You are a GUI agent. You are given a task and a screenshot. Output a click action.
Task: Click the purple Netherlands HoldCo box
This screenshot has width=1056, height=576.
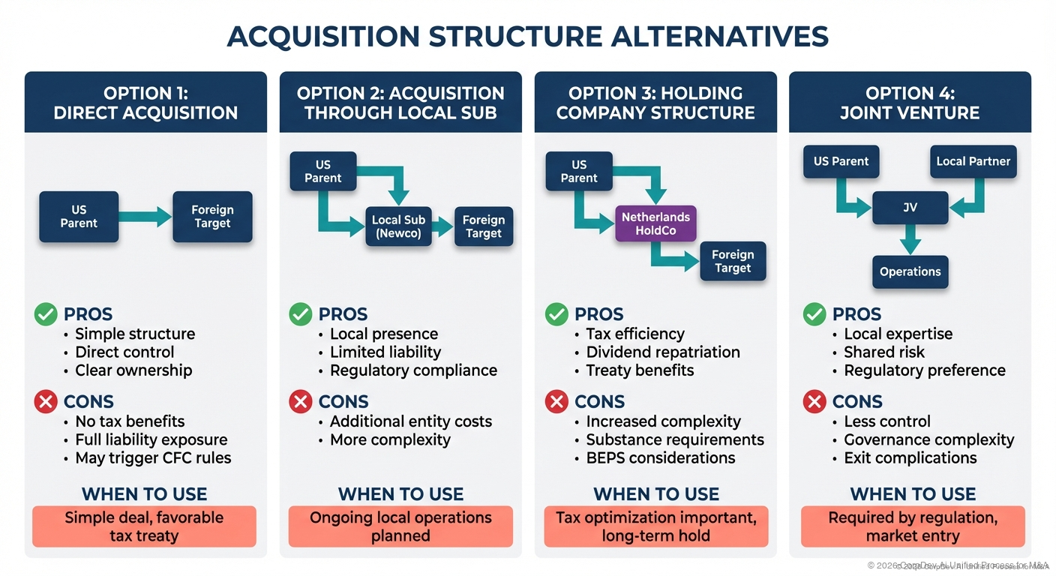pos(655,223)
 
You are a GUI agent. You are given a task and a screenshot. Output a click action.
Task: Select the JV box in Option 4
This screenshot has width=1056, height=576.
pos(910,207)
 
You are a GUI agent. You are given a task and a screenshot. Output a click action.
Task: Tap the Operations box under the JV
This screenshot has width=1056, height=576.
pos(910,271)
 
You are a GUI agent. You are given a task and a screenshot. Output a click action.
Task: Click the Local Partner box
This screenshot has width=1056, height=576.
pos(973,161)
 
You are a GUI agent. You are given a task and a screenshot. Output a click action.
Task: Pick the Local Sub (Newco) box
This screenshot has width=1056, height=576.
pos(397,226)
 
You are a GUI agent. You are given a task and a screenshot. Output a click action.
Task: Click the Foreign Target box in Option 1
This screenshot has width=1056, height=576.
pos(212,217)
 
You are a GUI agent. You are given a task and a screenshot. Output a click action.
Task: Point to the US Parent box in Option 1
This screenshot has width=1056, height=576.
pos(79,217)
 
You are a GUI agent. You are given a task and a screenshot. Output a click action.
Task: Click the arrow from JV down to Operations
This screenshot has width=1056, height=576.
pos(910,240)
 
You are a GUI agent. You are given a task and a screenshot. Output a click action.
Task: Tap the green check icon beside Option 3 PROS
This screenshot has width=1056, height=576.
pos(556,314)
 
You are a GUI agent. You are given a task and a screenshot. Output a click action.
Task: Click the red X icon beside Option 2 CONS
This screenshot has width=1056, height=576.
pos(301,402)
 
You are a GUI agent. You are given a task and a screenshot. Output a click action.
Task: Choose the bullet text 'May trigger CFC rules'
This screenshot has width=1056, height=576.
pos(153,457)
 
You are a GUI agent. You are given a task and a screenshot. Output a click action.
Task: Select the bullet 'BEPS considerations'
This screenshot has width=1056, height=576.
pos(660,457)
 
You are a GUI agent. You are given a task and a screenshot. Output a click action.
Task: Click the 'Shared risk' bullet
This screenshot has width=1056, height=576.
pos(884,352)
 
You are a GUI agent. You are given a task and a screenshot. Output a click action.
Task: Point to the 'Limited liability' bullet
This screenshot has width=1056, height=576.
pos(385,352)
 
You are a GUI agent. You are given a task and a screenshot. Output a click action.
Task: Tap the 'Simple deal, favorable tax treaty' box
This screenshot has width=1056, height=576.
pos(144,526)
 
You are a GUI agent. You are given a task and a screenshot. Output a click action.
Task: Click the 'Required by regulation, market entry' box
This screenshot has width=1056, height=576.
pos(913,526)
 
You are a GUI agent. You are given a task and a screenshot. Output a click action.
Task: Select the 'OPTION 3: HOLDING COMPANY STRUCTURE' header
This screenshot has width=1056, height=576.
pos(655,103)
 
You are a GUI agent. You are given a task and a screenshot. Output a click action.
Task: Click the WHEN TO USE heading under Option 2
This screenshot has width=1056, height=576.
pos(400,494)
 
